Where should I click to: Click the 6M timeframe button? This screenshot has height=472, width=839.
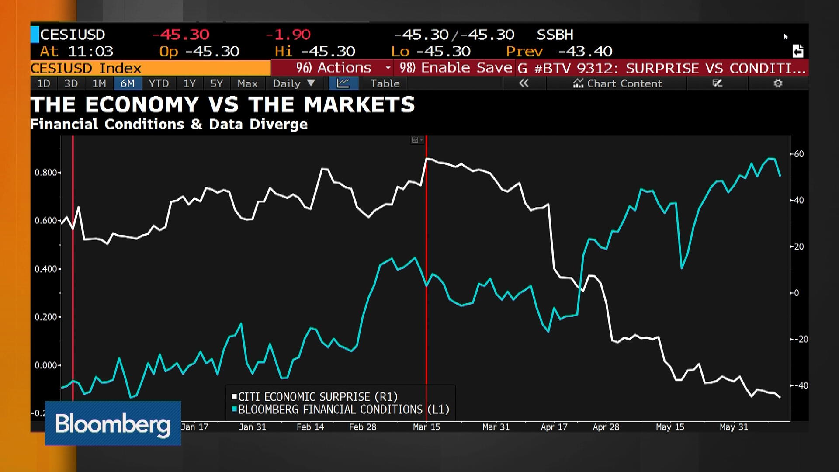tap(127, 83)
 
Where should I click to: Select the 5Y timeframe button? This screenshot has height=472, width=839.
tap(216, 83)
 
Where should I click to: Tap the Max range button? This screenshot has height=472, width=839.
tap(247, 83)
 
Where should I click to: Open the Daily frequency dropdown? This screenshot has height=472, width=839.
tap(293, 83)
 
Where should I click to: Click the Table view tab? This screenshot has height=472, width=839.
tap(385, 83)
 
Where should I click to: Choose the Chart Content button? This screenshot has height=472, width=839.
tap(617, 83)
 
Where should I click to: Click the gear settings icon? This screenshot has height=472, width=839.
tap(778, 83)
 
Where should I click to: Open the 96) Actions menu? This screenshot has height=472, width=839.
tap(333, 68)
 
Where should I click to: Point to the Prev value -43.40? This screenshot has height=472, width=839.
tap(585, 52)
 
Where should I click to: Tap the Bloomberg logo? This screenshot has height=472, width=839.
tap(113, 423)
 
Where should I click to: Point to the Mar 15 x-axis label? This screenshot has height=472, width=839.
tap(426, 427)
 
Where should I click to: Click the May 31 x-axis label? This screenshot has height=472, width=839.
tap(734, 427)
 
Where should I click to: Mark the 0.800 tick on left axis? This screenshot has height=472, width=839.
tap(46, 173)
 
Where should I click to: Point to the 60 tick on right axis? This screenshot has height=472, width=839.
tap(799, 154)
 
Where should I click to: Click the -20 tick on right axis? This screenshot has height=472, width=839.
tap(801, 339)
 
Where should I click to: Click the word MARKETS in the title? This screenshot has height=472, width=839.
tap(359, 105)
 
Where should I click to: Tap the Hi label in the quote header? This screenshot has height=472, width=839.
tap(283, 52)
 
